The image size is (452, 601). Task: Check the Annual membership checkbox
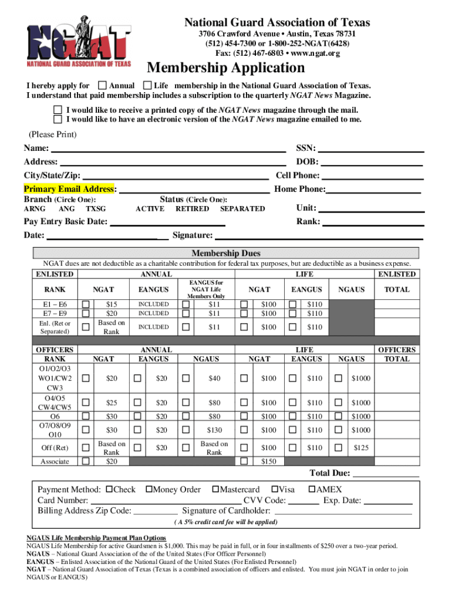pos(103,86)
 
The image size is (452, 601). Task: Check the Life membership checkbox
pos(147,86)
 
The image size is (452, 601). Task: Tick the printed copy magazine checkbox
pos(58,110)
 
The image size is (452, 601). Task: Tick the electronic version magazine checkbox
pos(58,119)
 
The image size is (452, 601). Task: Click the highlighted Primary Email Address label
pos(69,189)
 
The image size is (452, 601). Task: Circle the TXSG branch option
pos(96,209)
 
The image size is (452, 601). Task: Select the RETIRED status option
pos(192,209)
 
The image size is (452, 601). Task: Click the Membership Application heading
pos(225,68)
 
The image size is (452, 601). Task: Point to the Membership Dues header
pos(226,254)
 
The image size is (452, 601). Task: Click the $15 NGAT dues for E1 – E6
pos(112,305)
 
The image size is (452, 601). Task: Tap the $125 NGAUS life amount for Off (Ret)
pos(361,448)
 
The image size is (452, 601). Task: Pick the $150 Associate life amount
pos(268,461)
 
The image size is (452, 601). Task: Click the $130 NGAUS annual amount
pos(214,430)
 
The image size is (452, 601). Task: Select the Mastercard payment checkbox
pos(215,489)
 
